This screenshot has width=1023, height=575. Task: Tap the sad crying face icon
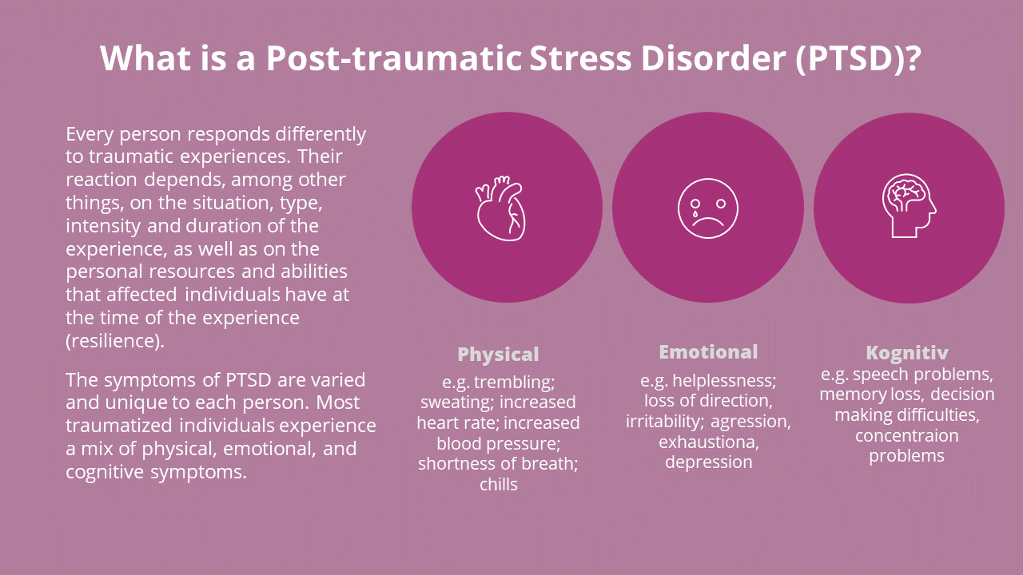[707, 208]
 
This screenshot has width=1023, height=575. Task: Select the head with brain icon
[909, 206]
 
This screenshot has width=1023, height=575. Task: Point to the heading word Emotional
[708, 352]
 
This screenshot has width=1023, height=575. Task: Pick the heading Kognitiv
[907, 353]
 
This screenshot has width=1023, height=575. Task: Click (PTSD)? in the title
[858, 58]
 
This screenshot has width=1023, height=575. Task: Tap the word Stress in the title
[580, 58]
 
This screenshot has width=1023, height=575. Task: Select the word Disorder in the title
[714, 58]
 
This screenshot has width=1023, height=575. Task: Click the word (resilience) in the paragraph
[115, 341]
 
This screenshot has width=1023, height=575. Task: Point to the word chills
[498, 484]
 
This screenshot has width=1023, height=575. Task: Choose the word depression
[709, 462]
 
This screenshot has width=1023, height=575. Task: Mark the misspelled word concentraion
[906, 436]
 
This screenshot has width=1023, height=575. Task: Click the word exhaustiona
[709, 442]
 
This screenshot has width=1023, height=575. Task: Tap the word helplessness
[724, 380]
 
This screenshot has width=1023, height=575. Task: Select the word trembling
[514, 383]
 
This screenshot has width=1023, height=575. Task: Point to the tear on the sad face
[695, 212]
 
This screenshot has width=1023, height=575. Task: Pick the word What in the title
[145, 58]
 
